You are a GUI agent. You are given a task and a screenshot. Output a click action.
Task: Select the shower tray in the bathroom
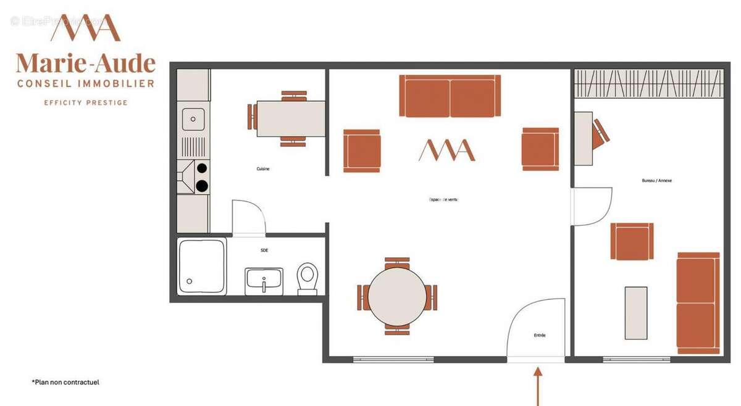(x=202, y=267)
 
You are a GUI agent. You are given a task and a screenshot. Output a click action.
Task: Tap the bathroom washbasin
(x=264, y=281)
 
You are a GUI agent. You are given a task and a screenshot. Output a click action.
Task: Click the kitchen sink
(x=193, y=118)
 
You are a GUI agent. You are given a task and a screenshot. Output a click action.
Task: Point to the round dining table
(x=397, y=296)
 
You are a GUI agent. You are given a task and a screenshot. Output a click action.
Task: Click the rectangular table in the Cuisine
(x=291, y=118)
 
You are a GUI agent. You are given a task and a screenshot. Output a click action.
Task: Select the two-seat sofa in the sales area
(x=450, y=96)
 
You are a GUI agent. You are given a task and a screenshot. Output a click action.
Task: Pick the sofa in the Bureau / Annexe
(x=698, y=302)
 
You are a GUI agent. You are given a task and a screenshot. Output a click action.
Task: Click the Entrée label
(x=540, y=335)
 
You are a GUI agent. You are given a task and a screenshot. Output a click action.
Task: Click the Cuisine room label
(x=263, y=168)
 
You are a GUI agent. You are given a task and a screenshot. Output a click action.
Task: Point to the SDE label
(x=264, y=250)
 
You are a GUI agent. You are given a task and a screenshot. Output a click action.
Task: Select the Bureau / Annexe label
(x=656, y=181)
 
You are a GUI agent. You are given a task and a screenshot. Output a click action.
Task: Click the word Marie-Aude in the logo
(x=85, y=63)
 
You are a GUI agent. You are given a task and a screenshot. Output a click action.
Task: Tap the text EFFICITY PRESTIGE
(x=85, y=102)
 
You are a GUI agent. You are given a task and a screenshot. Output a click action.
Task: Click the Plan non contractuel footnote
(x=65, y=383)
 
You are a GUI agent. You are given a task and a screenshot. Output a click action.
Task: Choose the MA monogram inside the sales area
(x=447, y=150)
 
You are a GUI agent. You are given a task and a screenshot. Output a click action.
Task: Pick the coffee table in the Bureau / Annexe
(x=635, y=313)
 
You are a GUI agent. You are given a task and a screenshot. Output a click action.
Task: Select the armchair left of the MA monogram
(x=362, y=151)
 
